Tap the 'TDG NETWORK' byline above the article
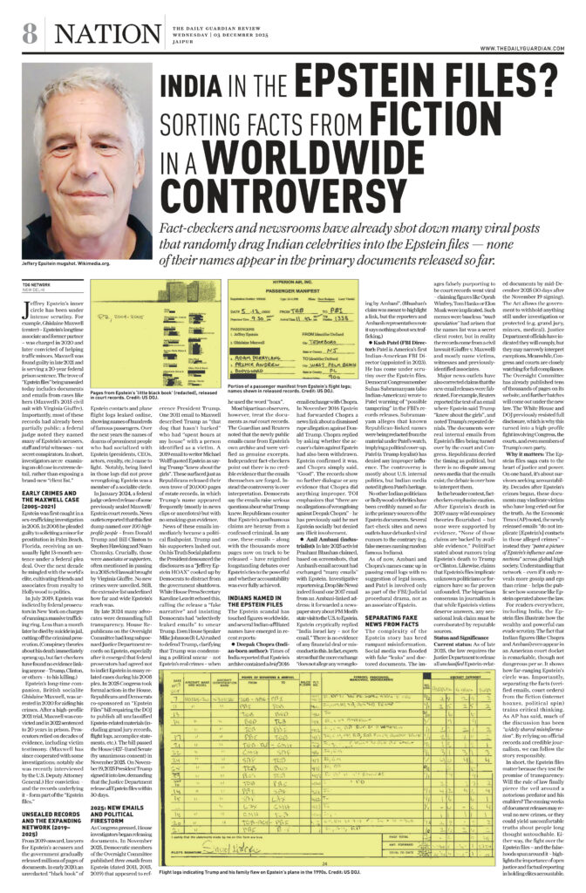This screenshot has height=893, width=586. coord(36,284)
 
